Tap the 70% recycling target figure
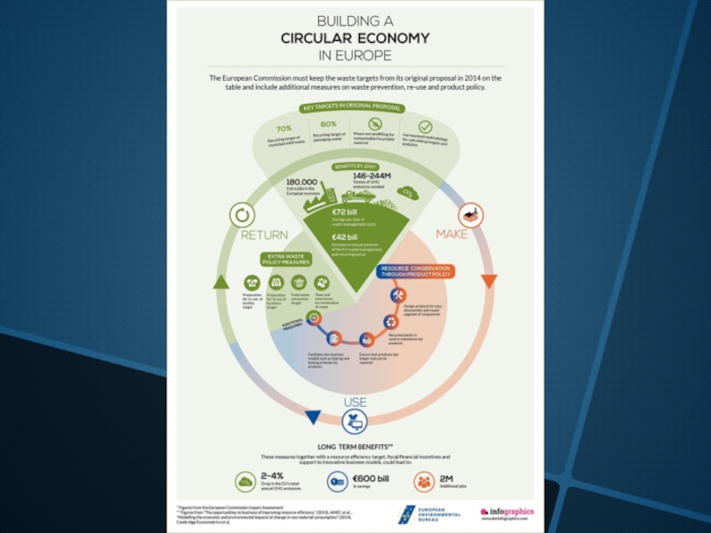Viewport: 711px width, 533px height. click(284, 129)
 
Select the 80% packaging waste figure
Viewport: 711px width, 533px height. click(328, 124)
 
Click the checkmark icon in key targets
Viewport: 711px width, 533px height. click(425, 127)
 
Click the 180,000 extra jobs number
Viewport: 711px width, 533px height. click(301, 181)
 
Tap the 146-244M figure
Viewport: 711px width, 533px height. click(372, 176)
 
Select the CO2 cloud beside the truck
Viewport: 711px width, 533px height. click(408, 192)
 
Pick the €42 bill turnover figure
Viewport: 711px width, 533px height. click(345, 237)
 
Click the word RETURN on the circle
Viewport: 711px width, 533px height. click(264, 235)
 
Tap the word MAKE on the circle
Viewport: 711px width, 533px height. click(451, 235)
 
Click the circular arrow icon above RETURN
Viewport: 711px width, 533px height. click(241, 214)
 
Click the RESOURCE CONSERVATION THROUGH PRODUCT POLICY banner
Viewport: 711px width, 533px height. click(416, 270)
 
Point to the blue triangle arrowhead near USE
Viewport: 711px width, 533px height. click(312, 416)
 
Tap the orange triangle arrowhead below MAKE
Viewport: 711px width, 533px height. click(488, 282)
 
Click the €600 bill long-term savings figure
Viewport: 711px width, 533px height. click(371, 479)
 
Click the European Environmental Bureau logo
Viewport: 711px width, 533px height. click(428, 513)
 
